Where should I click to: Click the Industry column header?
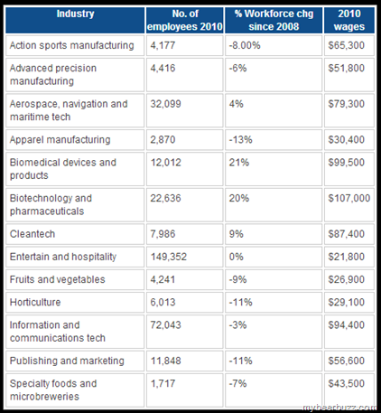pos(75,14)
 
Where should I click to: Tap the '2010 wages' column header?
pos(349,20)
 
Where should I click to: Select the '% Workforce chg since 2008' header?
pos(274,20)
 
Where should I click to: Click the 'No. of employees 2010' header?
pos(185,20)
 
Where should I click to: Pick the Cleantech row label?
pos(33,234)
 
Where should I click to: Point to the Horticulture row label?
pos(35,302)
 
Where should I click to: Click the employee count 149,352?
pos(169,257)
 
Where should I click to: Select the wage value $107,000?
pos(349,198)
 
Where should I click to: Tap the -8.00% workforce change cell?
pos(245,45)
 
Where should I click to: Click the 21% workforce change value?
pos(239,163)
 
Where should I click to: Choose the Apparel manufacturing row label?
pos(60,140)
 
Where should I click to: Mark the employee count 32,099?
pos(165,104)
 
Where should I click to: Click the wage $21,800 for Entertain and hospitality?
pos(346,257)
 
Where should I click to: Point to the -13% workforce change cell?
pos(241,140)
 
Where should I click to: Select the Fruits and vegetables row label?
pos(57,279)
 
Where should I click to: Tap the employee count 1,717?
pos(163,383)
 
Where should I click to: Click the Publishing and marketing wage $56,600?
pos(346,361)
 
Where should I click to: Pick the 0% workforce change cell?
pos(236,257)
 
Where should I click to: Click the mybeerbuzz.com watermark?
pos(339,408)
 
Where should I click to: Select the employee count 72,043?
pos(165,325)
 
